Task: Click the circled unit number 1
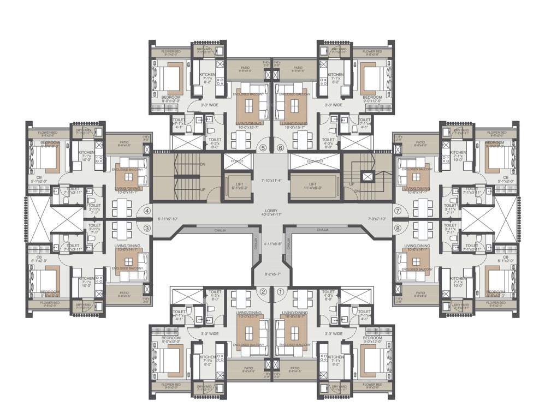281,291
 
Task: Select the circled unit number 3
147,228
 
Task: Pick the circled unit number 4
147,210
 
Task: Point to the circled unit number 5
263,147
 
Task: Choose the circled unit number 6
281,147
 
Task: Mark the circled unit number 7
398,210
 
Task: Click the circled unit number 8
398,228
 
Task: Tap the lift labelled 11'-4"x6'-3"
312,186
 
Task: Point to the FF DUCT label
237,161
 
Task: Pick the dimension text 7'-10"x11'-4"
271,180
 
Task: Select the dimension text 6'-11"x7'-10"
168,219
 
